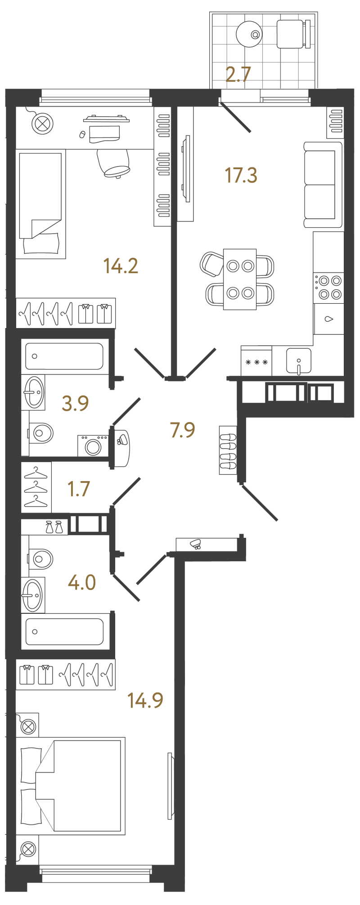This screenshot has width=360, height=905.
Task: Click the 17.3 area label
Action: click(x=241, y=175)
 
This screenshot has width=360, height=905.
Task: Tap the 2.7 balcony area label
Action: click(x=238, y=74)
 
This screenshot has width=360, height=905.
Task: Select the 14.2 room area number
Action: click(x=121, y=266)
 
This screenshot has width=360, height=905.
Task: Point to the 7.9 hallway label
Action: click(x=182, y=430)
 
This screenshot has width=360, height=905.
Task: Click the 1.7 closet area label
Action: click(x=79, y=489)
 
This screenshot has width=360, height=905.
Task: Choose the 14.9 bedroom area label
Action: click(x=145, y=700)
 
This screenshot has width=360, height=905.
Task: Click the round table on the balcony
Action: click(x=249, y=34)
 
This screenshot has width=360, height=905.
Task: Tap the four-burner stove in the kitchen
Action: click(x=329, y=288)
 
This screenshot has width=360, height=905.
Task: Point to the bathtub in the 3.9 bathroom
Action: click(x=64, y=356)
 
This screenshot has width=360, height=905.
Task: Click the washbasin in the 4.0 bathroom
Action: click(x=33, y=595)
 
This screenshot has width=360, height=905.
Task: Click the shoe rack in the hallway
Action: click(x=228, y=450)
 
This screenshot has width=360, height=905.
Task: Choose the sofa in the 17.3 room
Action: click(x=323, y=185)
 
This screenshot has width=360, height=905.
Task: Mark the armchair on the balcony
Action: click(x=293, y=34)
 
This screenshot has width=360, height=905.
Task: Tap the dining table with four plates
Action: click(x=240, y=279)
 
